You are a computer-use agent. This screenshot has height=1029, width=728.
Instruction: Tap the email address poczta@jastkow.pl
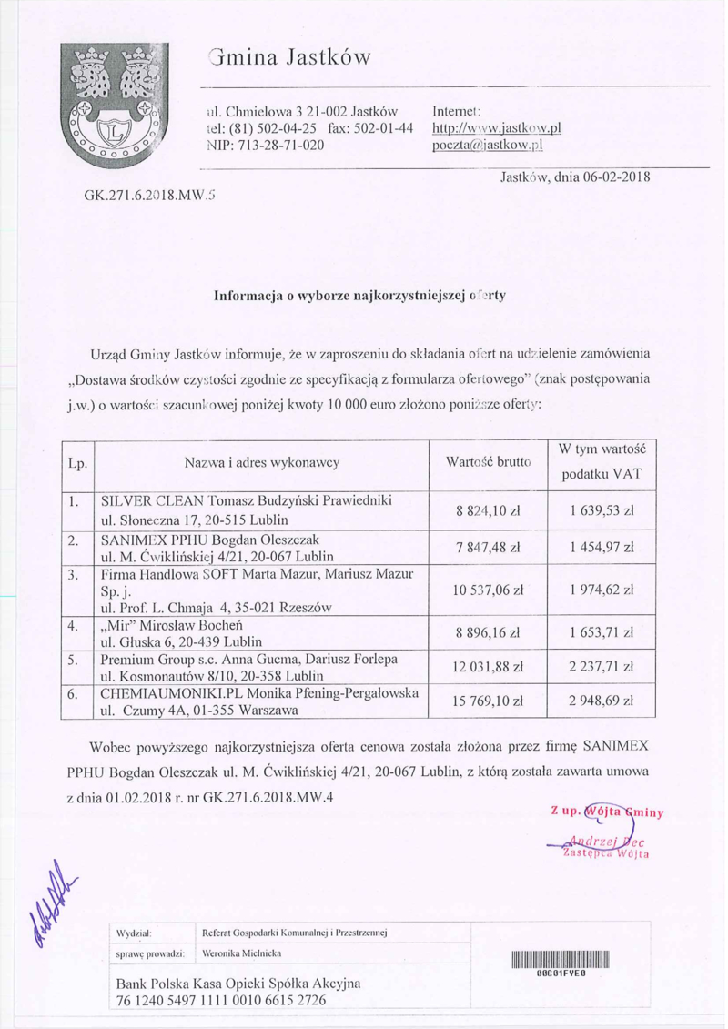tap(487, 145)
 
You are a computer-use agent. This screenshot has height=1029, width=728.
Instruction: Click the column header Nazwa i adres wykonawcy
tap(262, 463)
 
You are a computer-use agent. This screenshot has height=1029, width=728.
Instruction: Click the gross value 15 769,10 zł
tap(488, 701)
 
